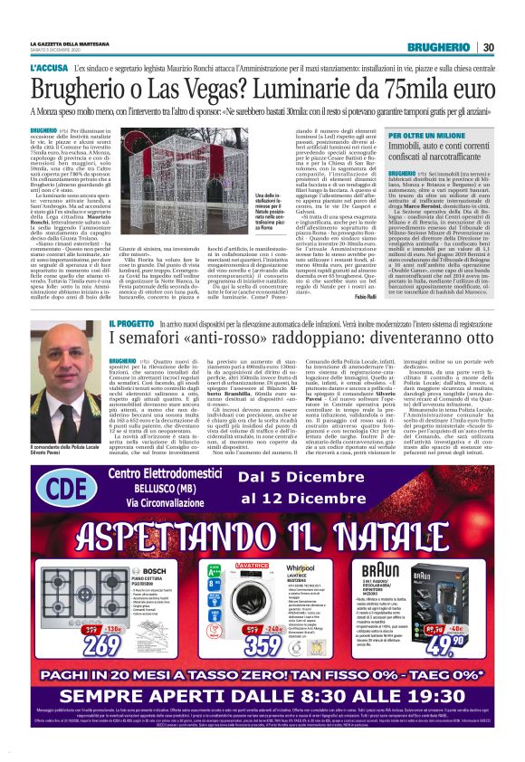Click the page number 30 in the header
tap(487, 47)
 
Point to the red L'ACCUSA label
tap(49, 70)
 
